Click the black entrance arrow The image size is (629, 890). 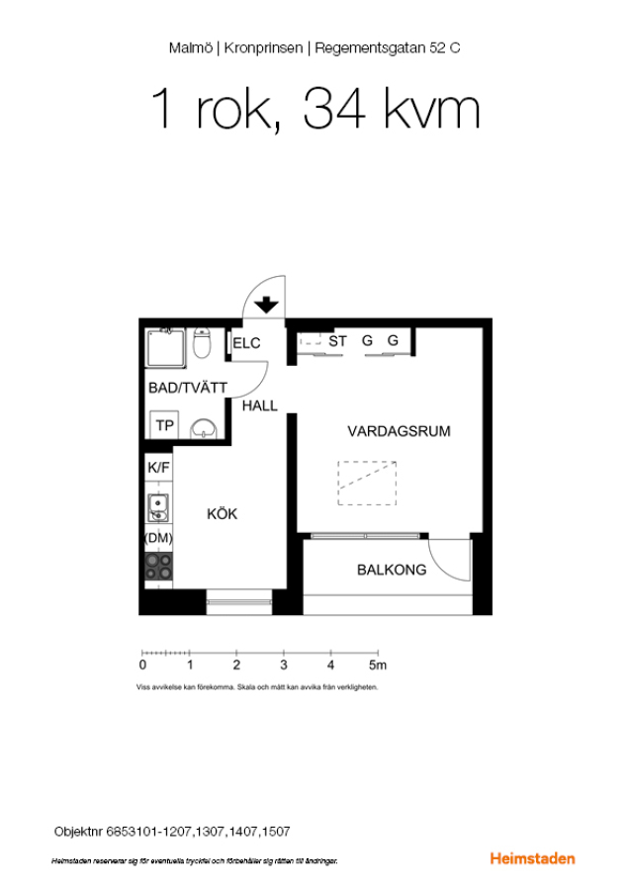tap(266, 306)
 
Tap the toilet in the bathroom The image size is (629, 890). tap(202, 342)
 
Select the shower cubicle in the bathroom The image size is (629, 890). tap(165, 348)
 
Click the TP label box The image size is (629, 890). tap(164, 424)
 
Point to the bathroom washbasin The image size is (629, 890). tap(203, 428)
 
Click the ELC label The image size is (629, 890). tap(246, 343)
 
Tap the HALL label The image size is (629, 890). tap(259, 405)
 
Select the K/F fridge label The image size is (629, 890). tap(158, 467)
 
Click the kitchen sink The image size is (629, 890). tap(158, 507)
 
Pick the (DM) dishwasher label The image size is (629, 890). tap(158, 538)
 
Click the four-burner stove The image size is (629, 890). tap(158, 567)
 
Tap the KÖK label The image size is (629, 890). tap(222, 513)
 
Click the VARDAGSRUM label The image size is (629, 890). tap(400, 431)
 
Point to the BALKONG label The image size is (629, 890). tap(392, 570)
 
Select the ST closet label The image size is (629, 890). tap(337, 341)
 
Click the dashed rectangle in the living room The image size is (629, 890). tap(367, 483)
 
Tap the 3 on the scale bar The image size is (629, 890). tap(283, 665)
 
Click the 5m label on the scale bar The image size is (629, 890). tap(378, 665)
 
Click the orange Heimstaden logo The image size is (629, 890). tap(532, 858)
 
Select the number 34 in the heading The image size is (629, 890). tap(334, 109)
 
